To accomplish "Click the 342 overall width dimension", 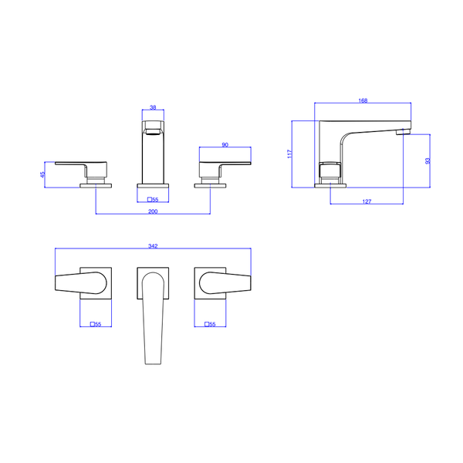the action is (153, 246).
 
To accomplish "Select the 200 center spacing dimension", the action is (153, 211).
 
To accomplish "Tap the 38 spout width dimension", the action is (153, 107).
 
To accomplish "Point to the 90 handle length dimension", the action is (225, 145).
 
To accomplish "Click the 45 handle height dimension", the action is (42, 174).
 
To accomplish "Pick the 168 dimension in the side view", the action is (363, 100).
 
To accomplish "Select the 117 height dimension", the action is (289, 154).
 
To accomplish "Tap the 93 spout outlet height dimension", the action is (428, 161).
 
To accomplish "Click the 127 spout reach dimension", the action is (367, 201).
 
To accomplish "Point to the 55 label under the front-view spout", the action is (153, 200).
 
